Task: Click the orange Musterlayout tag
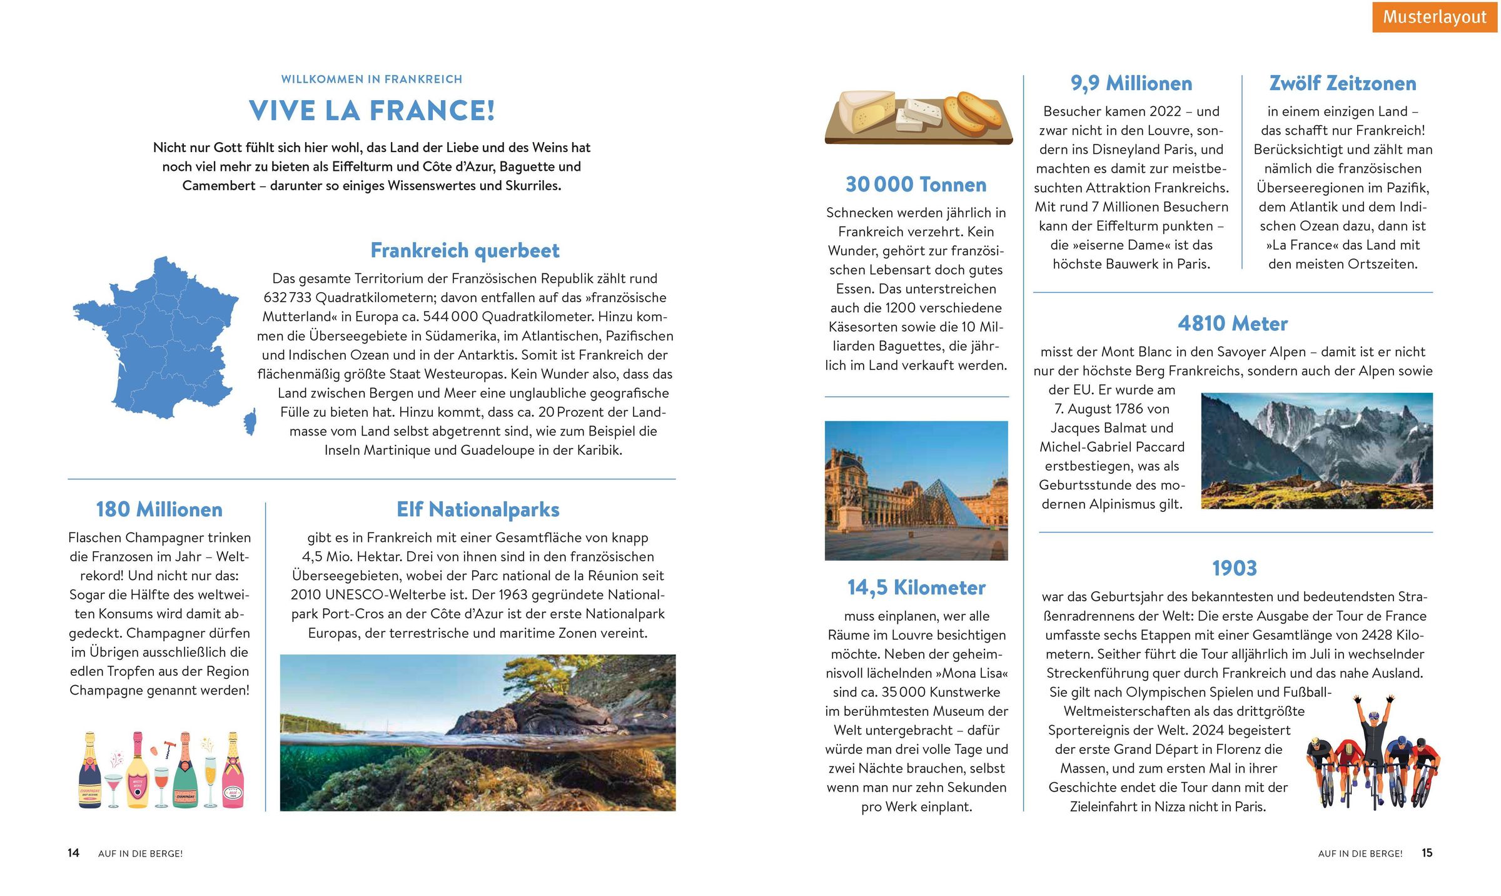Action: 1434,17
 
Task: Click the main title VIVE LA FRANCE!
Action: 372,111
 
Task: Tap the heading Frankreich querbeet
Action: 465,250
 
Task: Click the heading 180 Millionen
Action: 159,509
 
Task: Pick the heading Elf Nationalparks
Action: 478,509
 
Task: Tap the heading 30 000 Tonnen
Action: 916,185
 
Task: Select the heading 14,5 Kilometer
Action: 916,588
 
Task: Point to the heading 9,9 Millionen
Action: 1131,83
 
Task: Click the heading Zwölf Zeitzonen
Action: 1342,83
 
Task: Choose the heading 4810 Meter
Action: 1232,323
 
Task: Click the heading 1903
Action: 1234,568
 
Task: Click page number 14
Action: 73,853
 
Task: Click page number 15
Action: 1427,853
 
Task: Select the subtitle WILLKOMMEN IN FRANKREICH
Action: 371,79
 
